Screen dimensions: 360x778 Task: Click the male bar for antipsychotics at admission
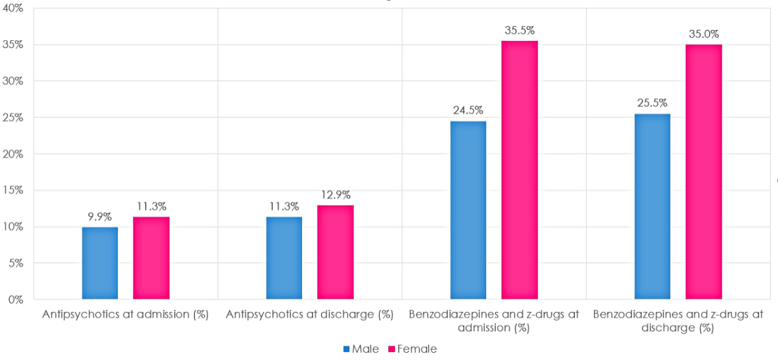pos(100,263)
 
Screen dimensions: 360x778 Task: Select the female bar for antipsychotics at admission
pos(151,258)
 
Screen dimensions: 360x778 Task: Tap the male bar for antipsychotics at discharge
pos(284,258)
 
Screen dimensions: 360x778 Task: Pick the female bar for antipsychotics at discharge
pos(335,252)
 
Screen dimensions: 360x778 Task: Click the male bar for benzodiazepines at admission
pos(468,210)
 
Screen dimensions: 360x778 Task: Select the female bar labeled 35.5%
pos(519,170)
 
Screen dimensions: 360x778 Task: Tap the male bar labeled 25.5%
pos(652,206)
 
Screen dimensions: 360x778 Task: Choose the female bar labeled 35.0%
pos(703,172)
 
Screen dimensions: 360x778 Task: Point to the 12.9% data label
pos(335,195)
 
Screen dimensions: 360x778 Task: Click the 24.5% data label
pos(468,110)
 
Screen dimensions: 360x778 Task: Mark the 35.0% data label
pos(703,34)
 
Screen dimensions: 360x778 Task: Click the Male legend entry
pos(362,349)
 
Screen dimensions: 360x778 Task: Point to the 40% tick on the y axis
pos(14,8)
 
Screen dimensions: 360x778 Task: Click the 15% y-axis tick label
pos(14,191)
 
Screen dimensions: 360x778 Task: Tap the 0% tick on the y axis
pos(16,300)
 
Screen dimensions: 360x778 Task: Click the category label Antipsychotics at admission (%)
pos(125,315)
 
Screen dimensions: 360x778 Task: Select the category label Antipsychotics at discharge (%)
pos(309,315)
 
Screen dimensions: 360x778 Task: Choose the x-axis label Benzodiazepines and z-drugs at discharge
pos(678,321)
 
